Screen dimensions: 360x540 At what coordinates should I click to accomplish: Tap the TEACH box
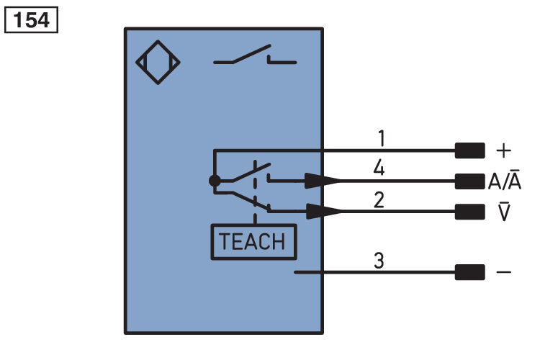(x=252, y=241)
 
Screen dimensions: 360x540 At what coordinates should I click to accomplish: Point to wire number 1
(x=382, y=137)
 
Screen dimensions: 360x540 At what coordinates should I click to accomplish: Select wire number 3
(x=379, y=261)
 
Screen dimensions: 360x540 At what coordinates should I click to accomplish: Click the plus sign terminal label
(x=504, y=151)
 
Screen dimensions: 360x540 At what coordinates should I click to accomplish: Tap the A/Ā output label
(x=506, y=181)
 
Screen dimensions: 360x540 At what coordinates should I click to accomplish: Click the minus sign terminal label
(x=504, y=273)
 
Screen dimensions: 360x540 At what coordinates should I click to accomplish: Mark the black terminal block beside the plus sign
(x=469, y=151)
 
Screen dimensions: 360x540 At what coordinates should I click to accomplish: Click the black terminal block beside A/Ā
(x=469, y=181)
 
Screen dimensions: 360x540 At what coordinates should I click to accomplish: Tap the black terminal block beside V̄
(x=469, y=211)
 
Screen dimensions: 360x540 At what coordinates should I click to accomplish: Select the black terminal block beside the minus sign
(x=469, y=273)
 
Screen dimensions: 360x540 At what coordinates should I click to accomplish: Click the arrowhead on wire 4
(x=322, y=181)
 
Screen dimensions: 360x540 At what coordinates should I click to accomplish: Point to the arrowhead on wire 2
(x=322, y=211)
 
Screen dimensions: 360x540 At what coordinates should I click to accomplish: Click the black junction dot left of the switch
(x=214, y=181)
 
